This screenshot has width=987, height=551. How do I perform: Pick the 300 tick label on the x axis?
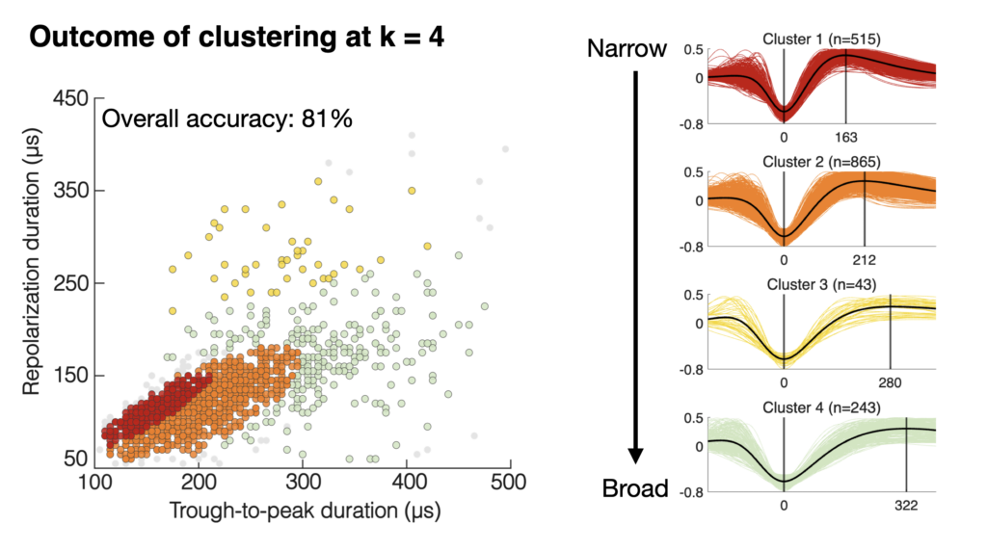(x=303, y=480)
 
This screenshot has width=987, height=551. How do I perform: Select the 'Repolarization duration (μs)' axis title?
(x=31, y=283)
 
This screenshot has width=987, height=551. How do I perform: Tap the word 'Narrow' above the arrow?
(x=627, y=49)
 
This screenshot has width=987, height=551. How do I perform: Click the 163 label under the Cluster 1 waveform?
(x=845, y=137)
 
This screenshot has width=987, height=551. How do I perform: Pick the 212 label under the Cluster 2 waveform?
(x=864, y=260)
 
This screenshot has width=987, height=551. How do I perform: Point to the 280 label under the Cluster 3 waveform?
(x=890, y=382)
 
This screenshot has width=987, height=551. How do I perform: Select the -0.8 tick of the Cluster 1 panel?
(x=693, y=123)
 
